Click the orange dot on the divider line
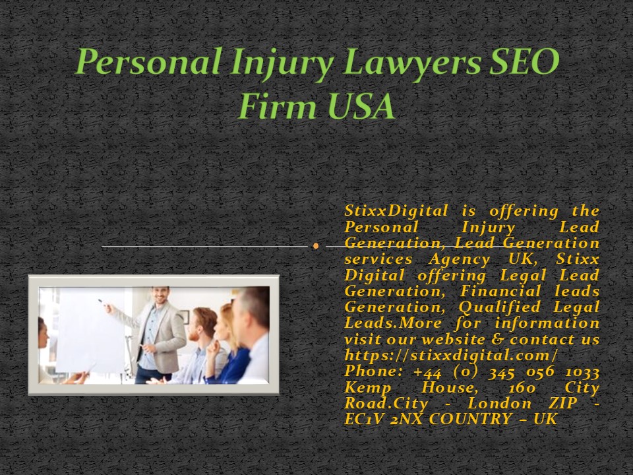pos(316,246)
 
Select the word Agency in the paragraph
pos(476,260)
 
